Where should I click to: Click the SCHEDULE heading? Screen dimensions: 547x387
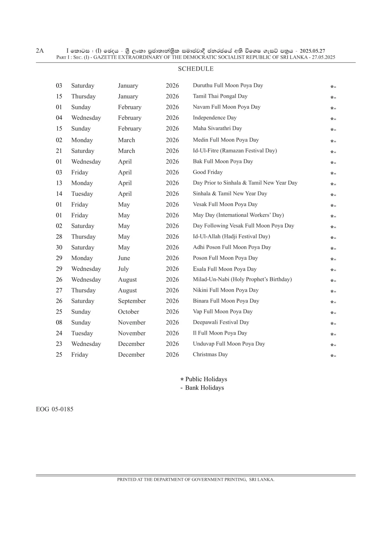coord(196,69)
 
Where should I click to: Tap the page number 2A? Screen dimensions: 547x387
coord(40,51)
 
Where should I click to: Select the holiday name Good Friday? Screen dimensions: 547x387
coord(208,172)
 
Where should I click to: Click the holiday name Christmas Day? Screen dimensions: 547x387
coord(210,354)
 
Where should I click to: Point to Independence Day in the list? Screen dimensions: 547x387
coord(215,118)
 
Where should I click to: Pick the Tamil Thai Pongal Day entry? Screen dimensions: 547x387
coord(220,96)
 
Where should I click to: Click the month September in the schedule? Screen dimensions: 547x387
coord(132,301)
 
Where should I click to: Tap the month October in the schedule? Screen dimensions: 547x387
coord(128,312)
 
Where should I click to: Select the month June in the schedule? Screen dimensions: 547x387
coord(124,258)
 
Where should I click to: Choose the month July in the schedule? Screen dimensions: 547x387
coord(123,269)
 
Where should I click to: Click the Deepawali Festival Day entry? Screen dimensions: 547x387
coord(221,322)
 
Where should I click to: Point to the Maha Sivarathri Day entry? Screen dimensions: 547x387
coord(217,128)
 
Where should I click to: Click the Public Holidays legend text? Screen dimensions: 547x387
coord(206,379)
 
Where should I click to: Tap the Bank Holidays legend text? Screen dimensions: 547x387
coord(204,388)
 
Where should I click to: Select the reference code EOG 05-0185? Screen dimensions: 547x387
coord(55,409)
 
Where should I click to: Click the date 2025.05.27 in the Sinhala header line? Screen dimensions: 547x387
coord(312,51)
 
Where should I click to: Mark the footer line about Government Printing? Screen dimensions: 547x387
coord(196,479)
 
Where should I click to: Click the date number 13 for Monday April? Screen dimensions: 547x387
coord(59,183)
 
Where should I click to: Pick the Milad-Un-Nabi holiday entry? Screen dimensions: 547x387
coord(242,279)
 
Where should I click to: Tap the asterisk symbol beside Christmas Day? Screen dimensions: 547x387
coord(332,355)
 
